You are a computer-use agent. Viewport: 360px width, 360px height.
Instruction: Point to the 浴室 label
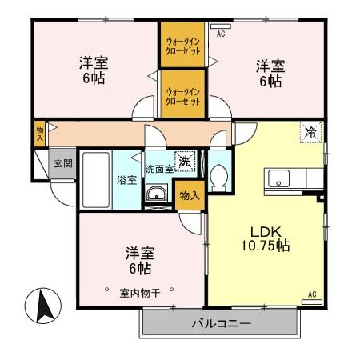[x=126, y=179]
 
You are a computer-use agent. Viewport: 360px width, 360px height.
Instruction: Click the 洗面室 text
[x=160, y=170]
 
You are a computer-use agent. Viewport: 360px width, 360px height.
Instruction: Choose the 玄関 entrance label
[x=62, y=162]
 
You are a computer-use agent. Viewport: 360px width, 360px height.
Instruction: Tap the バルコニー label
[x=221, y=324]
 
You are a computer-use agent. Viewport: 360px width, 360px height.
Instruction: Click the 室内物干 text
[x=140, y=292]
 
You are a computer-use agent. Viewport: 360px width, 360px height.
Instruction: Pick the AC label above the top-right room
[x=221, y=34]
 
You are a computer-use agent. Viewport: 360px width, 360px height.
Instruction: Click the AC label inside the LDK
[x=311, y=294]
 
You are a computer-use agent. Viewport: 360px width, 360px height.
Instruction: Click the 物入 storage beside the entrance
[x=39, y=133]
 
